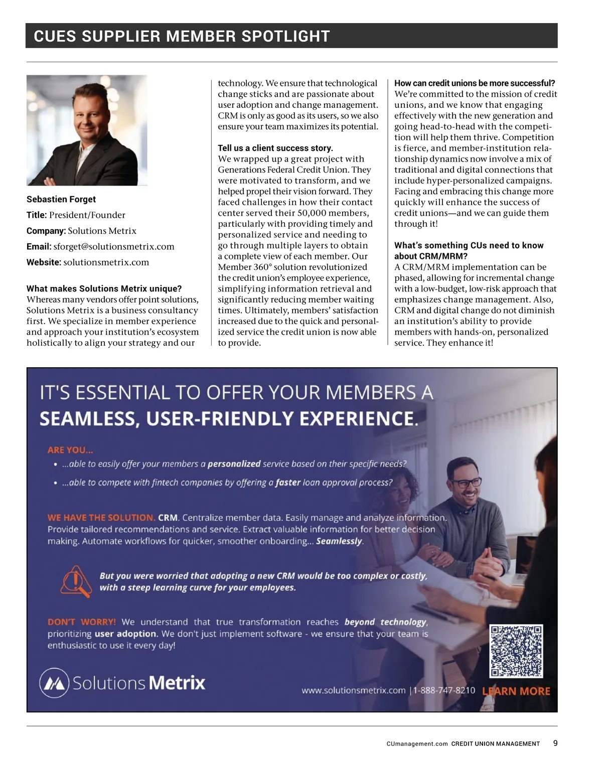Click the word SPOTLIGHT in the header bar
285,36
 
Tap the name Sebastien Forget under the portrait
61,199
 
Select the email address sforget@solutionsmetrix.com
114,246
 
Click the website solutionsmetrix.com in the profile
106,262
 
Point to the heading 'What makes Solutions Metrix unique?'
104,288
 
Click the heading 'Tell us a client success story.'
275,148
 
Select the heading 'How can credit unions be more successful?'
475,83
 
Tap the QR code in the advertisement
516,651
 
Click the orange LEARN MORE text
516,691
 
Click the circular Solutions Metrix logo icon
54,683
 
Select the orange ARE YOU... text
70,450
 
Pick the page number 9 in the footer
555,743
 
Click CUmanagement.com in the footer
417,744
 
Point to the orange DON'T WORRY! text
82,622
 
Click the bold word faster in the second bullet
288,483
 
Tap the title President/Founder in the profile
87,215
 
